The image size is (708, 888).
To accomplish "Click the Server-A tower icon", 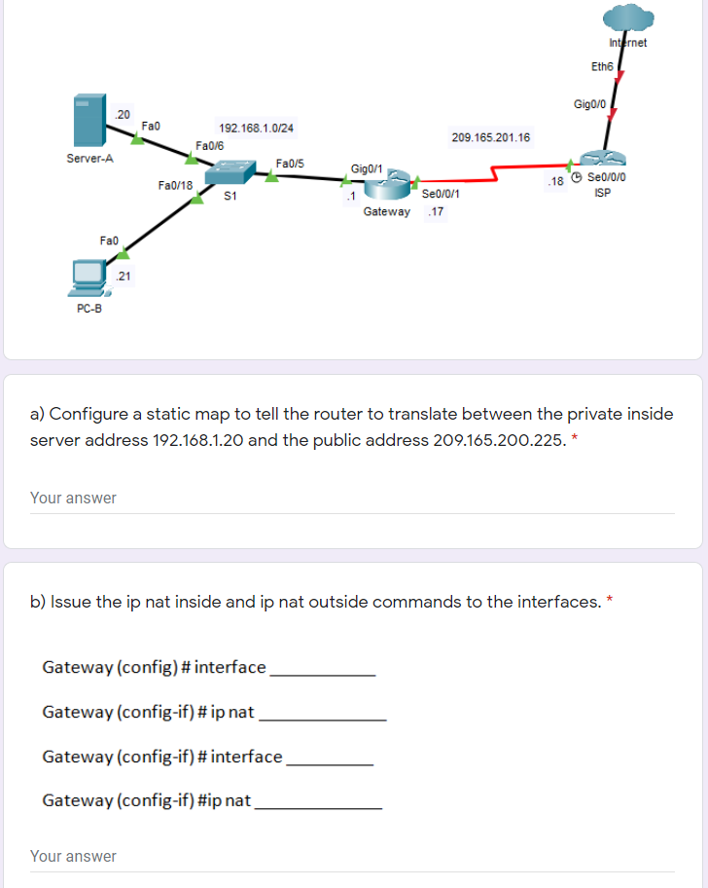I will pos(88,121).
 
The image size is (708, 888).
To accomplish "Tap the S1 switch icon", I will pos(232,171).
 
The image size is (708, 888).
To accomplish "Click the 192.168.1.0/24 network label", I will pos(257,128).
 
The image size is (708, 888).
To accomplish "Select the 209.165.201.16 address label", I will pos(491,137).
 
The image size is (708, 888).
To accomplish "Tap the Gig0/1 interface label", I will pos(366,169).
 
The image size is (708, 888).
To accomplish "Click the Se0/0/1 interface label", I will pos(441,195).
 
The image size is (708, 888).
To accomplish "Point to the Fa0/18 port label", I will pos(175,185).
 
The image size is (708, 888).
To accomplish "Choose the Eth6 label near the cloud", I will pos(602,66).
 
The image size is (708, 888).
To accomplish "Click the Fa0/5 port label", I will pos(290,163).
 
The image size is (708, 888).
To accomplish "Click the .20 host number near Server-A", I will pos(122,114).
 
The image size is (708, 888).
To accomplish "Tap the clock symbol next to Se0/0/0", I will pos(578,177).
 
